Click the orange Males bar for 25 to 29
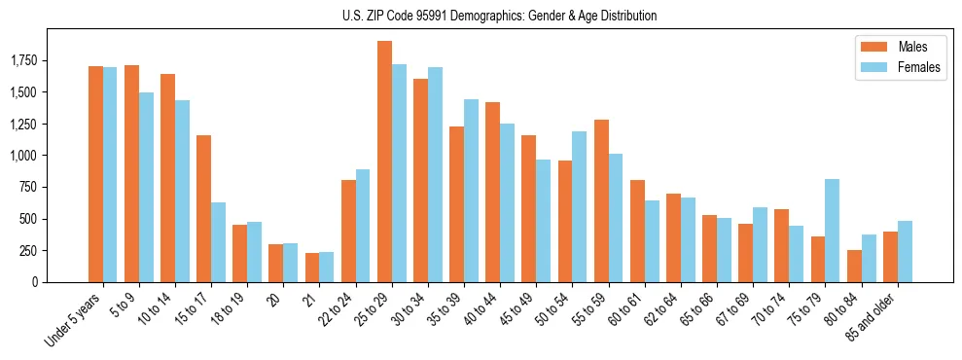click(x=384, y=162)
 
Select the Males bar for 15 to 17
click(x=203, y=208)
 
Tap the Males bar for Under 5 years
click(x=95, y=174)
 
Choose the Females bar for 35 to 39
click(x=471, y=191)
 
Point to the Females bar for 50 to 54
click(x=579, y=206)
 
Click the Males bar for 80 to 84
click(x=854, y=266)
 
